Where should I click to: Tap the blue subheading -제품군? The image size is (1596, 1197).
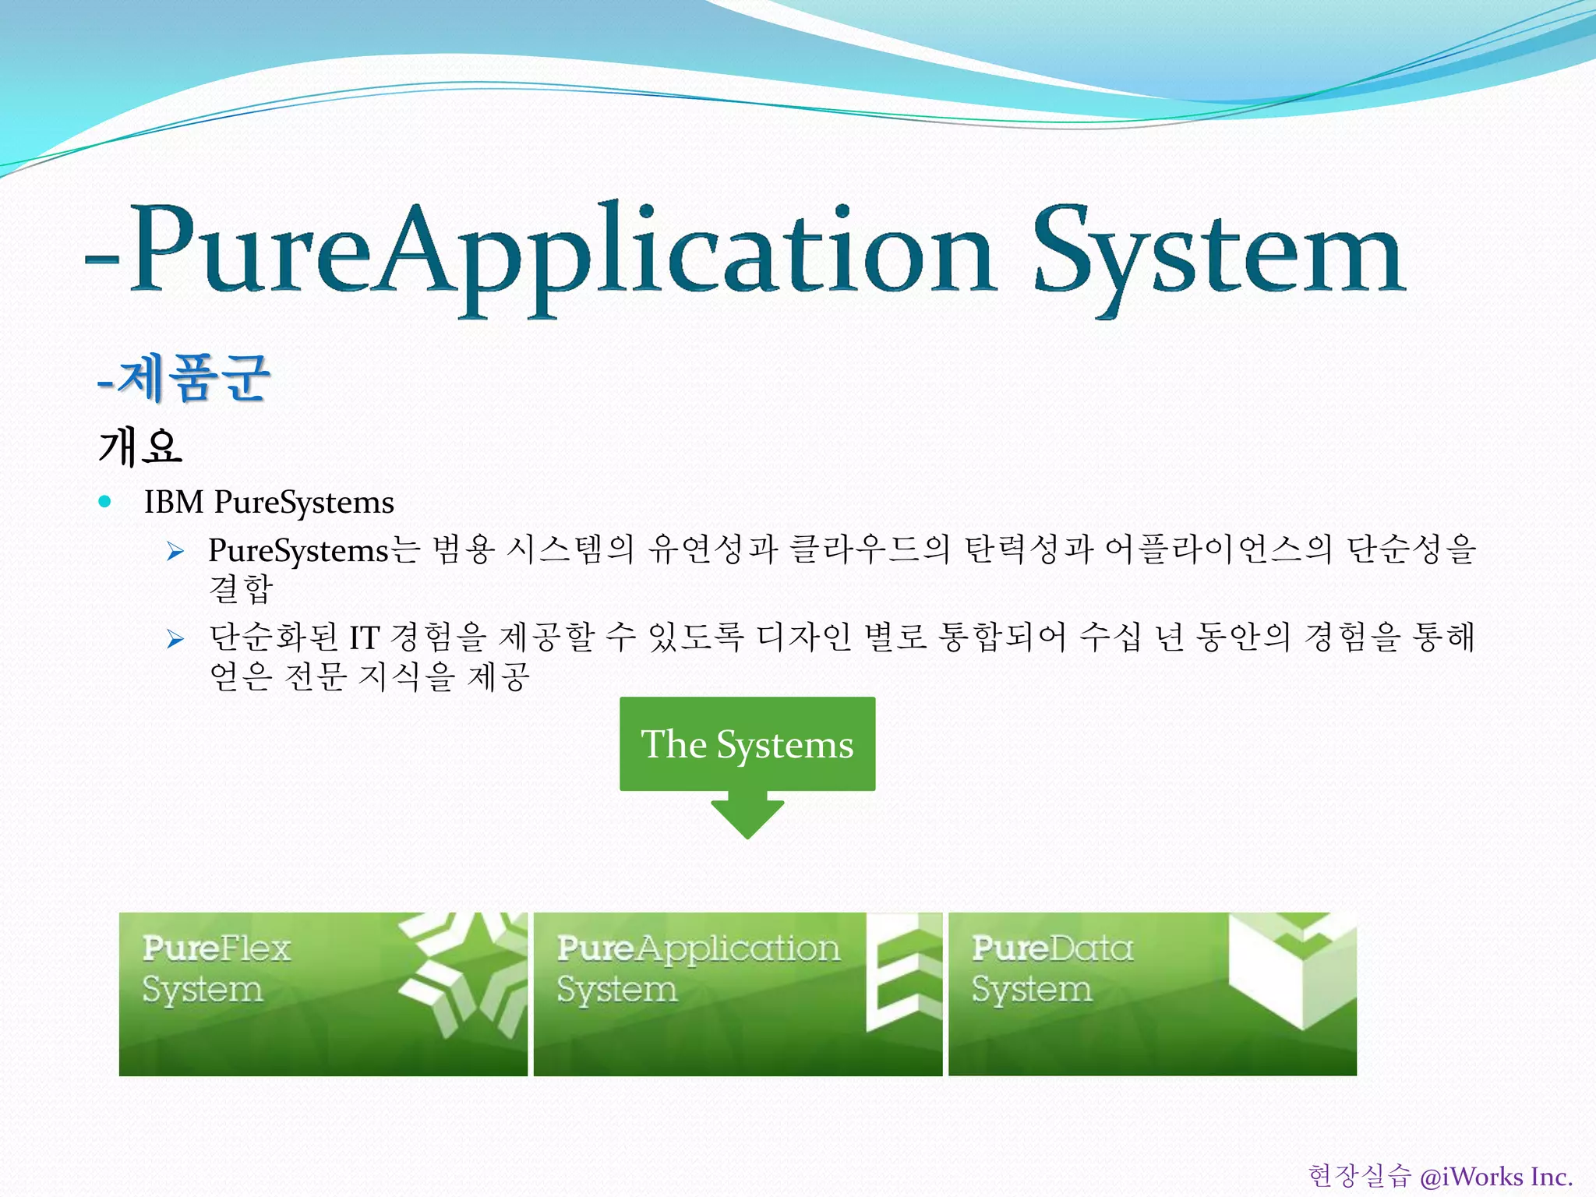click(184, 378)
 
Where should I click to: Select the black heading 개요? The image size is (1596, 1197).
click(140, 447)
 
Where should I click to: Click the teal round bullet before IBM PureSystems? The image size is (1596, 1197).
click(105, 502)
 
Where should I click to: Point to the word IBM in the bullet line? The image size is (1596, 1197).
click(174, 503)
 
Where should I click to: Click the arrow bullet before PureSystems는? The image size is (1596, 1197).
click(175, 552)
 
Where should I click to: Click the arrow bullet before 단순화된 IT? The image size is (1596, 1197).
click(175, 639)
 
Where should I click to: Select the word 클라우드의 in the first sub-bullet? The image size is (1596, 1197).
click(869, 549)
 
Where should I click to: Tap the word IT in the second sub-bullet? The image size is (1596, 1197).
click(363, 638)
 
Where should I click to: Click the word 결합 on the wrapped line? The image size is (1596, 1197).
click(241, 588)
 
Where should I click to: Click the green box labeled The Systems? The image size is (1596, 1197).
click(747, 743)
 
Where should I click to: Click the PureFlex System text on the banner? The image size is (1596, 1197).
click(216, 969)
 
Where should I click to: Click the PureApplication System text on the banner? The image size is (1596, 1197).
click(697, 969)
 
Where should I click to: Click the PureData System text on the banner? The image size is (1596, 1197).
click(1052, 969)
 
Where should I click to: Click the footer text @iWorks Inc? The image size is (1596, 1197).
click(1495, 1176)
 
